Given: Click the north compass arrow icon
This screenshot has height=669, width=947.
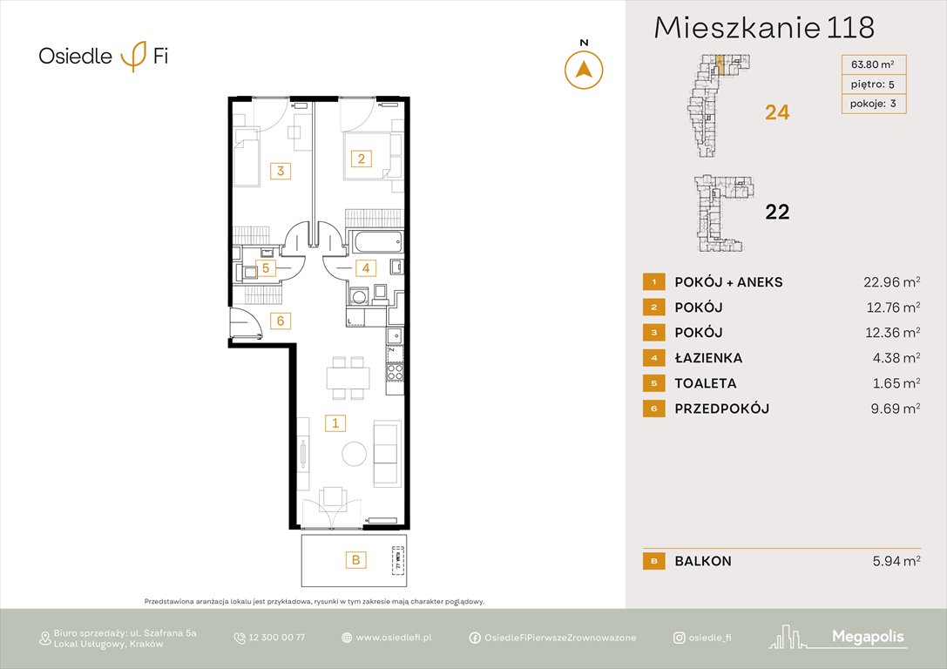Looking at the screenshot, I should pos(584,70).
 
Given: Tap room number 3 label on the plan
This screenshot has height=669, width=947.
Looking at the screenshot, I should pos(280,171).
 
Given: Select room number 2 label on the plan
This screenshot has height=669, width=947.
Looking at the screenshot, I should pos(361,159).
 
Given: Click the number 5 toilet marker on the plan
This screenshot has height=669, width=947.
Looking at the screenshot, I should pos(266,268).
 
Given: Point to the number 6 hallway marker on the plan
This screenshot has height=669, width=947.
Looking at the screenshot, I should pos(280,321).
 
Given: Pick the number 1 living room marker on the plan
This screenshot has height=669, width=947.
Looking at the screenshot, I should pos(335,423).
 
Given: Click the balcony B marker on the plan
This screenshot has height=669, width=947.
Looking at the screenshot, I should pos(355,560).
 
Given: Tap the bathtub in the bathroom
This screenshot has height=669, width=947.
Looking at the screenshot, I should pos(374,241).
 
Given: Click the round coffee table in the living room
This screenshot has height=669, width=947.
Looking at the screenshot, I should pos(355,454).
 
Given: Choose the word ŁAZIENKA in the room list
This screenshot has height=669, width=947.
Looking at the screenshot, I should pos(708,358).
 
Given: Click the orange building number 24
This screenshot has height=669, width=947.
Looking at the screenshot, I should pos(776,112).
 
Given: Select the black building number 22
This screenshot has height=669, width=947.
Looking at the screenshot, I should pos(776,212).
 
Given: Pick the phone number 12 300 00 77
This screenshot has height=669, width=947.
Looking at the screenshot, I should pos(276,638).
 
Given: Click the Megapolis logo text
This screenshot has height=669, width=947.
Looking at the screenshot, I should pos(868,638).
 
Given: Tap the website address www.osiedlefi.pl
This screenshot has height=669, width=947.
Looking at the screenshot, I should pos(394,638).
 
